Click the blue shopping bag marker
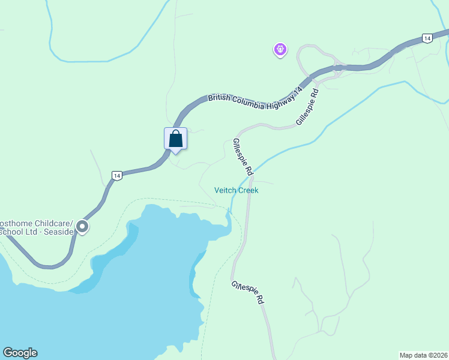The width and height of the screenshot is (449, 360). [175, 139]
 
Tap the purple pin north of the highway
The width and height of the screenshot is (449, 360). [280, 50]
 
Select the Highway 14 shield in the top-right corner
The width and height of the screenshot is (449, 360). [427, 38]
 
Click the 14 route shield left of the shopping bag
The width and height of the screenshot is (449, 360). [116, 175]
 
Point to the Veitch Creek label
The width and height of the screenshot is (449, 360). [237, 190]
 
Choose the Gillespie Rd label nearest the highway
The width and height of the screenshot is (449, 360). [307, 107]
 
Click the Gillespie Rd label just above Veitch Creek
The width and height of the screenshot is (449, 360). [243, 157]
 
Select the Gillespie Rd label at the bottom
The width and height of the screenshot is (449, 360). [248, 292]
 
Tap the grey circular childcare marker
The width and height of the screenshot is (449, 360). [82, 227]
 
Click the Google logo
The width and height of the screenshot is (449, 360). [20, 353]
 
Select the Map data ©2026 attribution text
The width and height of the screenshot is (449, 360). [423, 355]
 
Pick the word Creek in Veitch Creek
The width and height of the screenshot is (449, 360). [248, 190]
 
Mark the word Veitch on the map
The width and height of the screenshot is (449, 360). [225, 190]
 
